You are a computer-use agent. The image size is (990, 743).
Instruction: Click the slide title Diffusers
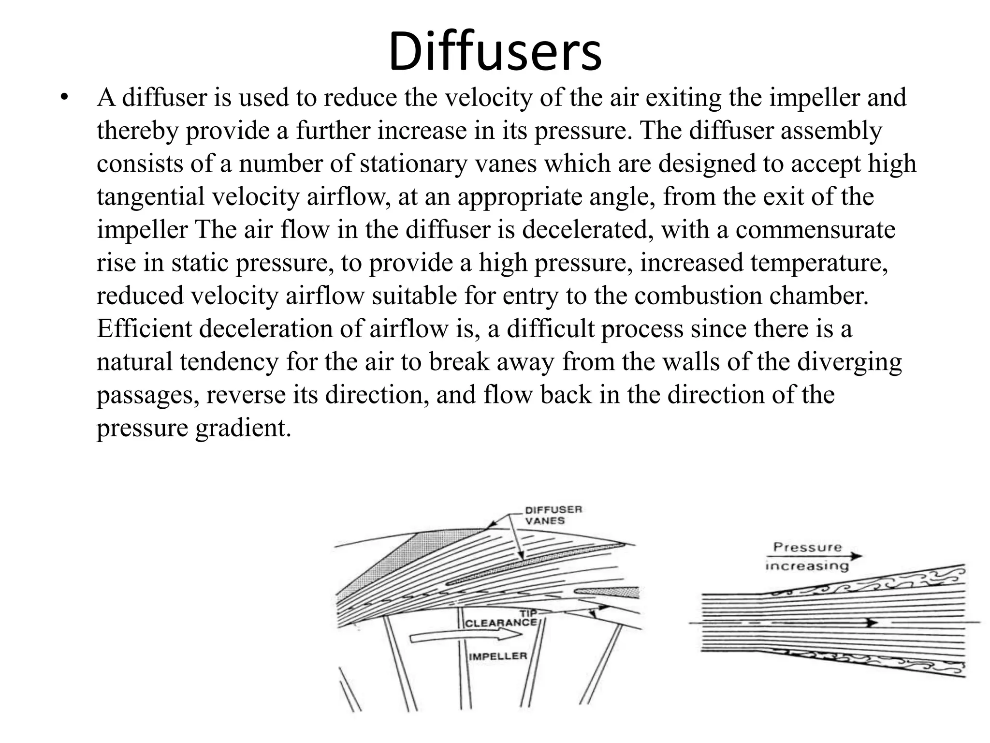(x=495, y=51)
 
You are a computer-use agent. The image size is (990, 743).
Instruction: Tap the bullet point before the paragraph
(x=63, y=98)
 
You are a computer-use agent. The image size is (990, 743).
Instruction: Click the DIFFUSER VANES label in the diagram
(x=553, y=515)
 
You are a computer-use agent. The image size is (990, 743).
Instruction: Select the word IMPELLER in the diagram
(x=497, y=656)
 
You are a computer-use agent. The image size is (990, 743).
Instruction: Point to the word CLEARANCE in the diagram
(x=500, y=622)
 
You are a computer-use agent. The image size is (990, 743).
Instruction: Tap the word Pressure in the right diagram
(x=807, y=547)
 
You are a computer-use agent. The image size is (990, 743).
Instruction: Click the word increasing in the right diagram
(x=807, y=565)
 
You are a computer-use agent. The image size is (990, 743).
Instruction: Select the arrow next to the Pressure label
(x=853, y=556)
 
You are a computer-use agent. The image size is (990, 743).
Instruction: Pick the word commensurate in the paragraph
(x=815, y=229)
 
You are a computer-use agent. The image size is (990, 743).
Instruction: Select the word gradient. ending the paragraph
(x=243, y=428)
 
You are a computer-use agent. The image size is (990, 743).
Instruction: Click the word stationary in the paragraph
(x=414, y=163)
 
